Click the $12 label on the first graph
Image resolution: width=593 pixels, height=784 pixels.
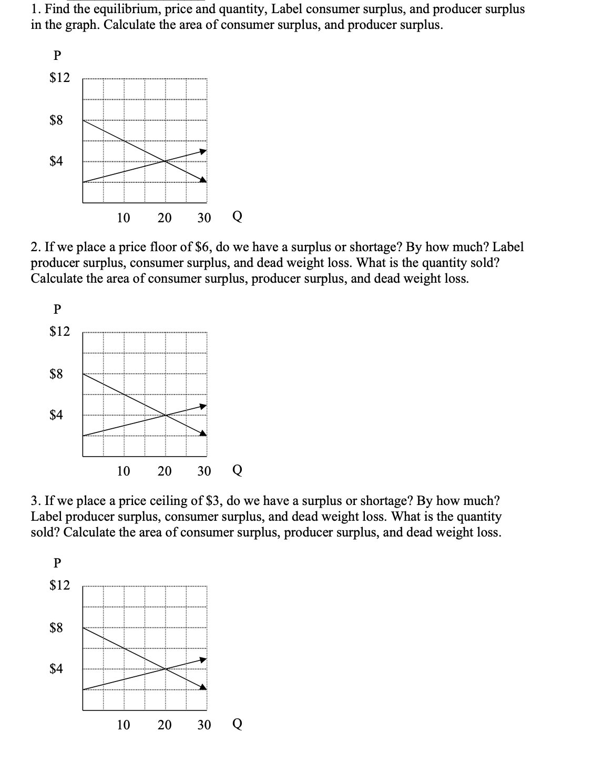[59, 78]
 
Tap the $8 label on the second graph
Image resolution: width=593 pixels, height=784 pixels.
[56, 374]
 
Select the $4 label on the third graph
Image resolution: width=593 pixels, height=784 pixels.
[56, 668]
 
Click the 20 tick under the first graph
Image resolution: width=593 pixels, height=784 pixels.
[165, 218]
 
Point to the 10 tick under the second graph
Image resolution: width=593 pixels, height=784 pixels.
[123, 471]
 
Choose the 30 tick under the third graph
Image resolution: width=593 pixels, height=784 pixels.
[204, 725]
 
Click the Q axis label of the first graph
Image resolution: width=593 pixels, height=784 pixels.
[237, 217]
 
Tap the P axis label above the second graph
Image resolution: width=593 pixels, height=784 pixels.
[57, 310]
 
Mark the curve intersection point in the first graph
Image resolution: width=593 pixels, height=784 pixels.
[166, 161]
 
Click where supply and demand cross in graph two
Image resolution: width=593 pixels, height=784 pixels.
[166, 415]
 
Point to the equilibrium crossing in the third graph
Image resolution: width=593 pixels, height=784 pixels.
[166, 668]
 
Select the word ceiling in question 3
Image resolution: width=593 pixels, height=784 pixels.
[171, 500]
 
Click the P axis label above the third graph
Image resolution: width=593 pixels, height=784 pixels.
[57, 563]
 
